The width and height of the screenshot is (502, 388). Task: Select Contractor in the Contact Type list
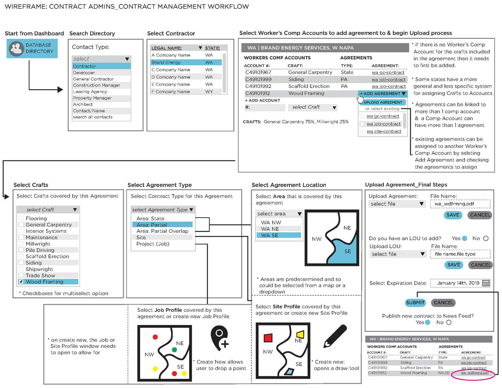tap(101, 66)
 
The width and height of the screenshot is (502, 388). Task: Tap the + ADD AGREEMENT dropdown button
tap(382, 94)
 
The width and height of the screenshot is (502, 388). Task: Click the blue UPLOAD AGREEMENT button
tap(383, 102)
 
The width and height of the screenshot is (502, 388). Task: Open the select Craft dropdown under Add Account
tap(312, 107)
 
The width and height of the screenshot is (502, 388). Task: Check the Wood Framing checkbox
tap(21, 282)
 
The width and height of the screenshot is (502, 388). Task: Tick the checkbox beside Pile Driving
tap(21, 250)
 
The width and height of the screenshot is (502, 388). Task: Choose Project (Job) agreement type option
tap(153, 244)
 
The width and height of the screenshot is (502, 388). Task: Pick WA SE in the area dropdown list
tap(278, 235)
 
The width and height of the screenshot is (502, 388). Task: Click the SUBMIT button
tap(415, 303)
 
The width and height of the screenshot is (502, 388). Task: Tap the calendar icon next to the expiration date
tap(486, 283)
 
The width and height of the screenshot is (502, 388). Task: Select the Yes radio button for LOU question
tap(464, 239)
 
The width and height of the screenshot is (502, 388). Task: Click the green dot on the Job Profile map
tap(174, 350)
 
